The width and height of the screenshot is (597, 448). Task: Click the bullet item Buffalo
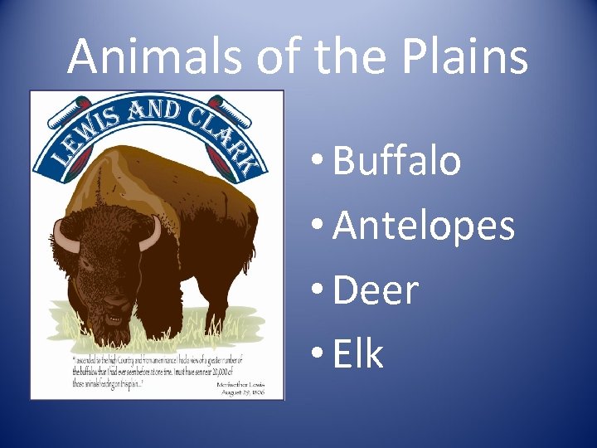point(396,160)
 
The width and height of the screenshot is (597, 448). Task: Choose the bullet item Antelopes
point(424,226)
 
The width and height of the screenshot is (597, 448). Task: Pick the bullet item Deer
point(376,290)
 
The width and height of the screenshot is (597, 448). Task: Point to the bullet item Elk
point(358,354)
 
